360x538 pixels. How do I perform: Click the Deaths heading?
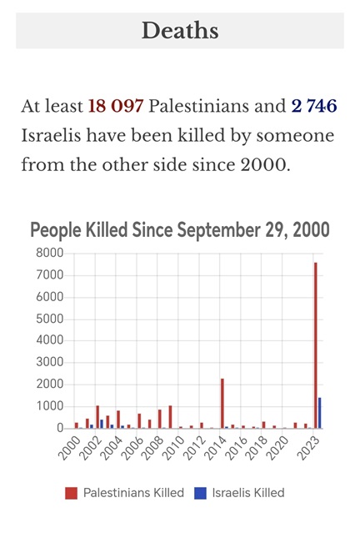point(180,31)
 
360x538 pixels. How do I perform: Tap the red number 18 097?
point(116,106)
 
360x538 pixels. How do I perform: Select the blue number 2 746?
point(314,106)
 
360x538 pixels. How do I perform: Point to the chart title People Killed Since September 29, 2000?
point(180,230)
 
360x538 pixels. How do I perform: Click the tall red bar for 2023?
point(316,345)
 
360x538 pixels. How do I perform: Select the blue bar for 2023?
point(319,413)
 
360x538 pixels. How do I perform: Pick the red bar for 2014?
point(222,404)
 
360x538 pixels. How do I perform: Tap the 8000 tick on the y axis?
point(50,254)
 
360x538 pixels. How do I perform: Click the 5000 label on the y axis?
point(50,319)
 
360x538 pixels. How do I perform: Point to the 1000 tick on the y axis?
point(50,406)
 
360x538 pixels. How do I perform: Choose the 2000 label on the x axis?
point(70,448)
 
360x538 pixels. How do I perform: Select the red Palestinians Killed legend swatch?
point(71,493)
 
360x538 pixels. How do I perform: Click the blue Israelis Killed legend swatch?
point(200,493)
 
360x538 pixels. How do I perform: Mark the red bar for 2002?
point(97,417)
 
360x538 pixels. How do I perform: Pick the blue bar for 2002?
point(102,424)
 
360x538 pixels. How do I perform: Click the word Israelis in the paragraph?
point(51,135)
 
